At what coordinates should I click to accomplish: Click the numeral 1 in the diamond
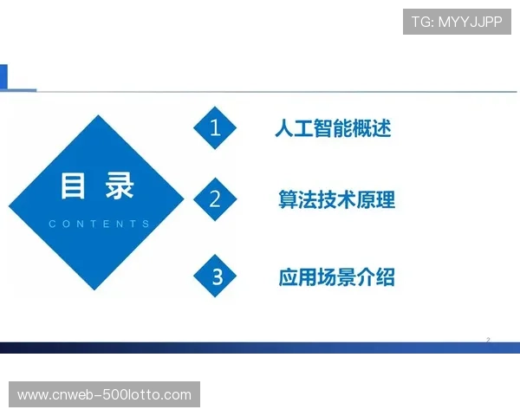216,129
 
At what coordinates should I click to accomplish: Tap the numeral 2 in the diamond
216,199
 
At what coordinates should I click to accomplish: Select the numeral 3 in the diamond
218,277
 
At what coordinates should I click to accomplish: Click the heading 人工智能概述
333,129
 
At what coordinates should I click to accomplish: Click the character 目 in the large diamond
73,187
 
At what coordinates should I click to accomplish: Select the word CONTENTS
99,224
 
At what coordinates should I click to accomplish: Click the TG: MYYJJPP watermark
457,22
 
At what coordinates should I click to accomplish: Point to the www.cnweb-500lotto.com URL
104,395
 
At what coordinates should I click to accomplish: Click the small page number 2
488,340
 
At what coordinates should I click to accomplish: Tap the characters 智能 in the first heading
333,129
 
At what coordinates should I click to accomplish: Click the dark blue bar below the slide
260,348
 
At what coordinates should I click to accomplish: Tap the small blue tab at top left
4,76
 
